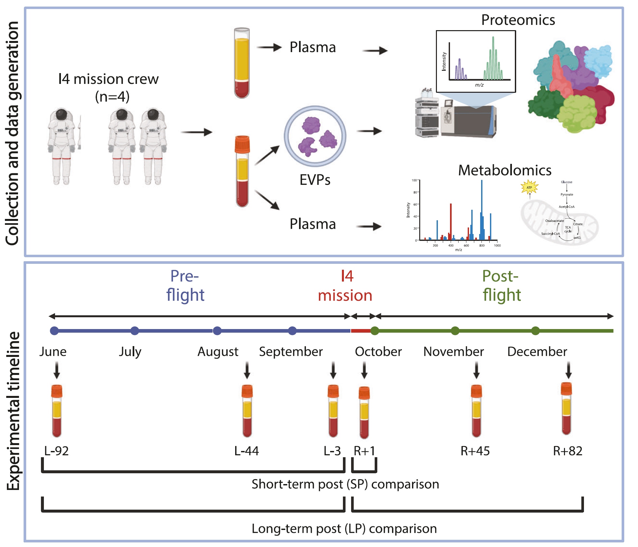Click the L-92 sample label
coord(56,451)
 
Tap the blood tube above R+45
coord(476,411)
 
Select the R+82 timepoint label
coord(567,451)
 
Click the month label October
coord(378,351)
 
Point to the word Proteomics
coord(518,20)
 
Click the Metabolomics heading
coord(504,170)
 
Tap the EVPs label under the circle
coord(315,180)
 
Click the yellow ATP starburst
coord(529,187)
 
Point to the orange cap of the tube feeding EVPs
coord(242,144)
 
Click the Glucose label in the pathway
coord(567,182)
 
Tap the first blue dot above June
coord(54,331)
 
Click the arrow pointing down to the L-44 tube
coord(247,370)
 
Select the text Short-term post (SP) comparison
coord(345,484)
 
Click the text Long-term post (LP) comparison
coord(344,529)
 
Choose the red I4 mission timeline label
coord(345,285)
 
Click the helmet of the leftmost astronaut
coord(61,114)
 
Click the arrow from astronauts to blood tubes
coord(197,132)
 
